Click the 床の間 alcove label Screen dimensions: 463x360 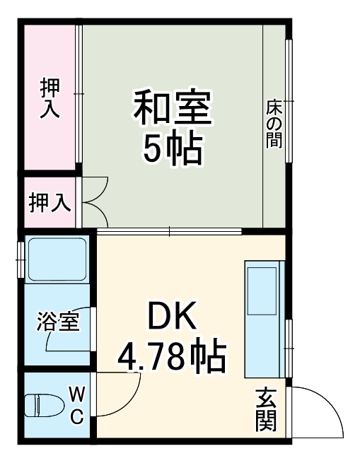[x=274, y=123]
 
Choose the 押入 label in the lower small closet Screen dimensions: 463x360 [x=49, y=203]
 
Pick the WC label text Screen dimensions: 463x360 [x=76, y=404]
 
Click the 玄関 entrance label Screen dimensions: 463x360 [x=266, y=410]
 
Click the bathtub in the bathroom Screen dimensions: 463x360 [x=57, y=259]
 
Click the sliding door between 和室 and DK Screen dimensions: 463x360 [x=170, y=231]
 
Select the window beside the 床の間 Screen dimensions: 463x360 [x=289, y=101]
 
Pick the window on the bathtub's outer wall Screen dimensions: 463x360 [x=21, y=259]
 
